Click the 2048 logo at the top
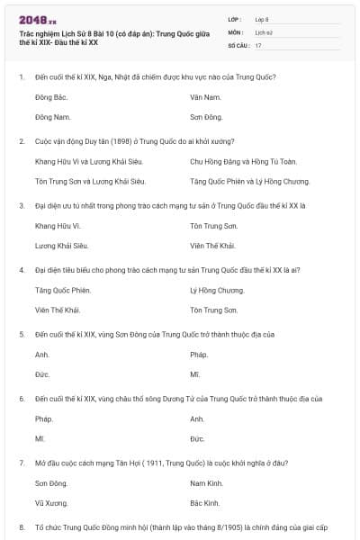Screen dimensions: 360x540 (x=37, y=18)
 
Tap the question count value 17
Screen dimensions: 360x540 (x=258, y=44)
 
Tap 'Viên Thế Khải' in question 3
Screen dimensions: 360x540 (x=212, y=246)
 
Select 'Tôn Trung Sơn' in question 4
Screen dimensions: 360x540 (x=213, y=310)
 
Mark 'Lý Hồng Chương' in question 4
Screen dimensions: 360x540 (x=217, y=290)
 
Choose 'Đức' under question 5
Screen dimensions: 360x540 (x=41, y=374)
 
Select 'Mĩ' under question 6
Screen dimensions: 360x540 (x=40, y=438)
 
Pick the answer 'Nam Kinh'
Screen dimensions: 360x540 (x=206, y=483)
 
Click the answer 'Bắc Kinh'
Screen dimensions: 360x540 (x=205, y=503)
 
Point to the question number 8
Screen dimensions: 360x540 (x=21, y=525)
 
